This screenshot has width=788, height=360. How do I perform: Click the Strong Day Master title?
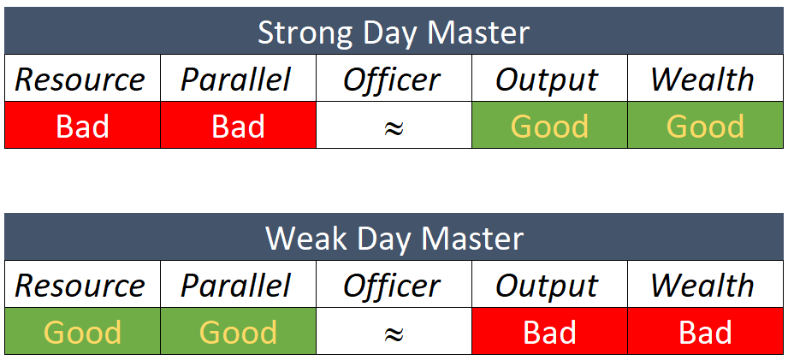[394, 33]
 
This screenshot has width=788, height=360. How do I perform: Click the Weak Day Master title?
[394, 239]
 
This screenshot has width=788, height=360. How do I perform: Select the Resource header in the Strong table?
[81, 80]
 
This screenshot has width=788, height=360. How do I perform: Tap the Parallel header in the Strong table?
[237, 80]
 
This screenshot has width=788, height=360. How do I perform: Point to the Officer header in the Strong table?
[393, 80]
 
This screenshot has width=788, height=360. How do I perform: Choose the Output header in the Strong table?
[548, 80]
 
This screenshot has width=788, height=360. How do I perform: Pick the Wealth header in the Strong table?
[704, 80]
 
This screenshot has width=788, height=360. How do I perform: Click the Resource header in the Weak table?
[81, 285]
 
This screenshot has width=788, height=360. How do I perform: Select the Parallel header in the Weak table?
[237, 285]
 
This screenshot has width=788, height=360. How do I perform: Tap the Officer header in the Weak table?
[393, 285]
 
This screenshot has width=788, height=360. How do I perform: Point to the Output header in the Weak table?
[548, 285]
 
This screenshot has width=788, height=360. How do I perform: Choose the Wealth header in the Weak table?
[704, 285]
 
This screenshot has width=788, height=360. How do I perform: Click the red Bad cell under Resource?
[82, 126]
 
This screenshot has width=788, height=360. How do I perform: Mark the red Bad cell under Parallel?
[238, 126]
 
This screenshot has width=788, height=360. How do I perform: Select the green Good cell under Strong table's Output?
[549, 126]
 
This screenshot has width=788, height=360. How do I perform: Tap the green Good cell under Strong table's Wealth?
[705, 126]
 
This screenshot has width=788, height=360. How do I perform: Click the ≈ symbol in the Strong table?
[394, 127]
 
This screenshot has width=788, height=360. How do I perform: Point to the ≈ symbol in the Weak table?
[394, 333]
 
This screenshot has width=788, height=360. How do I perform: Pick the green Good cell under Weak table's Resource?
[82, 331]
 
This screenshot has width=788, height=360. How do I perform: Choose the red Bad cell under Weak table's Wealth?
[705, 331]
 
